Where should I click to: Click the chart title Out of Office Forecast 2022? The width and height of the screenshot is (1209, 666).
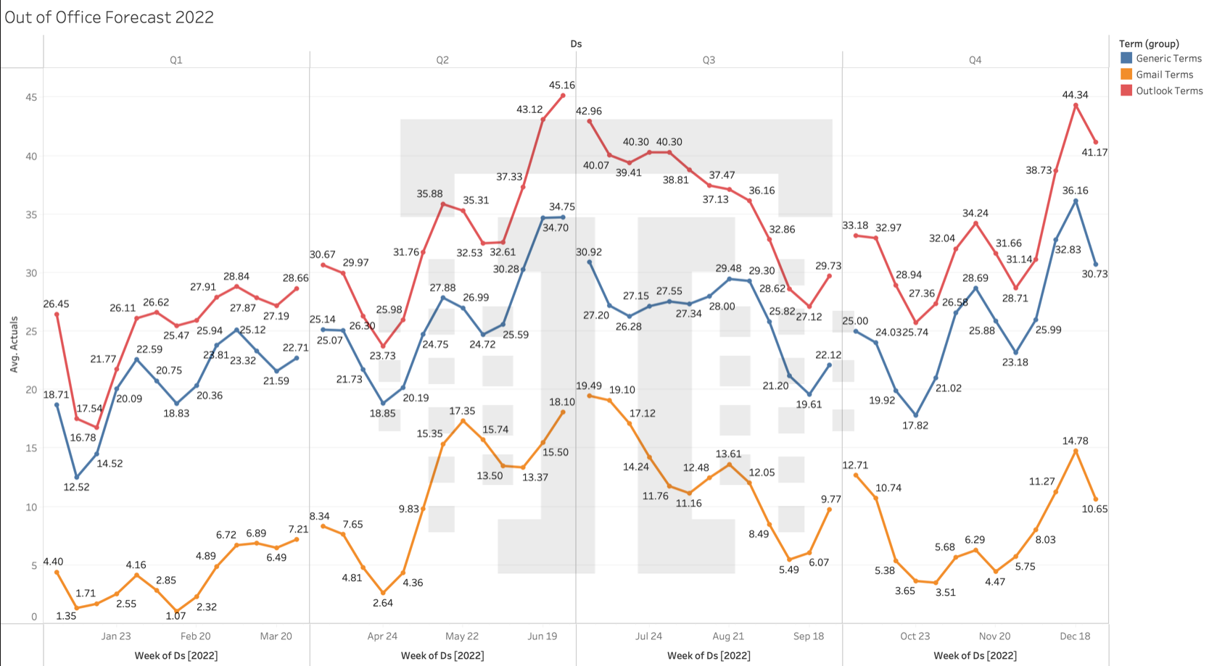tap(109, 17)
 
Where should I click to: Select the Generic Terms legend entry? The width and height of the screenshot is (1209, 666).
tap(1168, 59)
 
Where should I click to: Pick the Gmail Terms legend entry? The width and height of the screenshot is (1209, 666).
tap(1163, 75)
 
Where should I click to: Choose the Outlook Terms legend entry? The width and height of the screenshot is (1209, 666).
tap(1168, 91)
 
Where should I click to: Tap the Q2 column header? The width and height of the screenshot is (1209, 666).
tap(442, 60)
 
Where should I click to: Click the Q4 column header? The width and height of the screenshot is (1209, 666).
tap(975, 60)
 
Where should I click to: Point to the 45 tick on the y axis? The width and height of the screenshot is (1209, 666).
tap(31, 97)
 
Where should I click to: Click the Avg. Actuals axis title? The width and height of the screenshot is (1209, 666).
tap(14, 344)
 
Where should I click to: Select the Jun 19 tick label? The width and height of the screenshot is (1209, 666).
tap(542, 636)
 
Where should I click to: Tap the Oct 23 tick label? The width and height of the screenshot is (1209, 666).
tap(915, 636)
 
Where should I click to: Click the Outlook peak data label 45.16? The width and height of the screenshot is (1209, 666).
tap(562, 85)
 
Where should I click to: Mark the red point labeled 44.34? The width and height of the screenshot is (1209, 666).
tap(1076, 106)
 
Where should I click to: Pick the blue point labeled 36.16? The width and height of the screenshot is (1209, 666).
tap(1076, 201)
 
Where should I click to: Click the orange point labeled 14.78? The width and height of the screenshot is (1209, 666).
tap(1076, 451)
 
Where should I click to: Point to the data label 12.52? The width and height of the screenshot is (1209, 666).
tap(76, 487)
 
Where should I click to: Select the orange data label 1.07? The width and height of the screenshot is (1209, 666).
tap(176, 616)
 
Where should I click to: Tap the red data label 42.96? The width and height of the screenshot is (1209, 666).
tap(588, 111)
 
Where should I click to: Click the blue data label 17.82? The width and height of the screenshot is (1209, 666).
tap(915, 425)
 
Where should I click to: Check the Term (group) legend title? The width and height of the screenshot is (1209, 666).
tap(1149, 43)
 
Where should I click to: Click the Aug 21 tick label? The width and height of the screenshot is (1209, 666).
tap(728, 636)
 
